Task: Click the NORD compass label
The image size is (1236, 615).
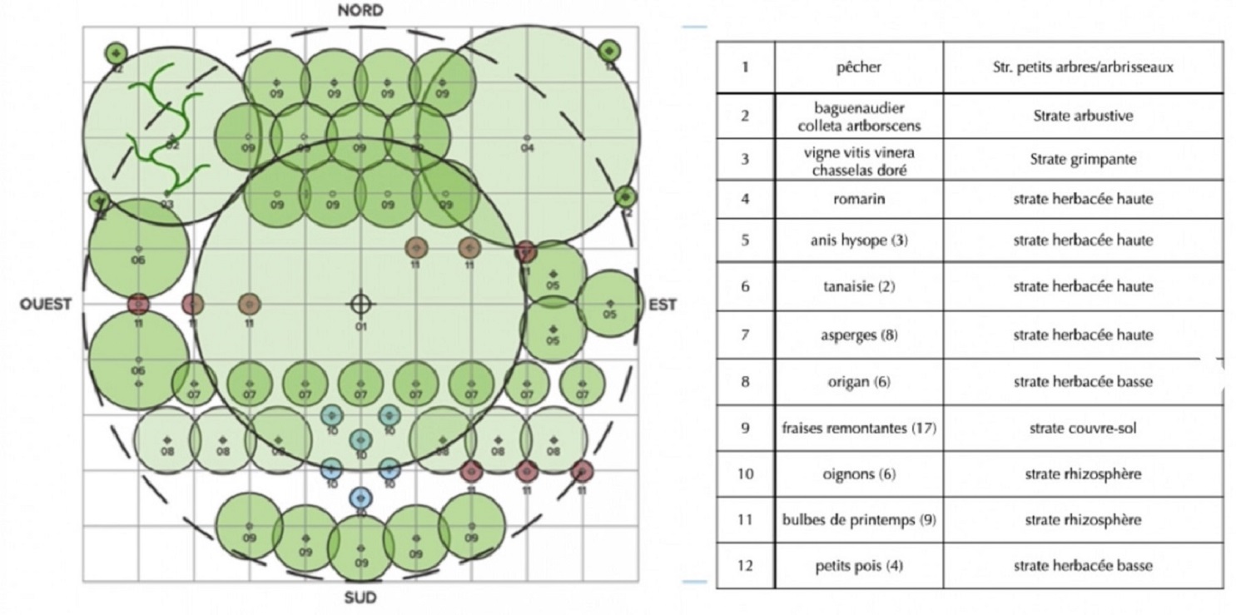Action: [x=360, y=11]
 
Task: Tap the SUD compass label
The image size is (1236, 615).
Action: [x=360, y=598]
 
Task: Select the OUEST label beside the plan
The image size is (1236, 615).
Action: [x=46, y=305]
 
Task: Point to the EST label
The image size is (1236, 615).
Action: [x=663, y=305]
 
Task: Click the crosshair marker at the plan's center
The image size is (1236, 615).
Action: [x=360, y=305]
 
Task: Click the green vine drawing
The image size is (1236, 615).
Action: [x=166, y=133]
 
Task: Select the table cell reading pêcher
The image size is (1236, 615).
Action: [x=858, y=67]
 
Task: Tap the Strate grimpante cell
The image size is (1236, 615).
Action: [x=1082, y=158]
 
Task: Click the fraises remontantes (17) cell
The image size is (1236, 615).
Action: [x=859, y=429]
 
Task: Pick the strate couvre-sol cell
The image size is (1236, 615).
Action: [x=1082, y=429]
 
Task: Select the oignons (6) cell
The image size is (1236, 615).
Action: [x=858, y=474]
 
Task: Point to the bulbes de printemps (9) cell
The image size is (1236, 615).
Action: [x=859, y=520]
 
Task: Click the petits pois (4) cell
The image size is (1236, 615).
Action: [x=858, y=566]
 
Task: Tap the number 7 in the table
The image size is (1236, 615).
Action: [x=745, y=335]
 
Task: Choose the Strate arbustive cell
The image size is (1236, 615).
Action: [x=1082, y=116]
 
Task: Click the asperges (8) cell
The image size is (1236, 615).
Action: [x=858, y=335]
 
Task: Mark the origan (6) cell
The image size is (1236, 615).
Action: [x=858, y=382]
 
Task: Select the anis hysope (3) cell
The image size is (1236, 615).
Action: [x=858, y=241]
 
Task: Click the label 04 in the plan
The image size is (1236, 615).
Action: [x=527, y=148]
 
